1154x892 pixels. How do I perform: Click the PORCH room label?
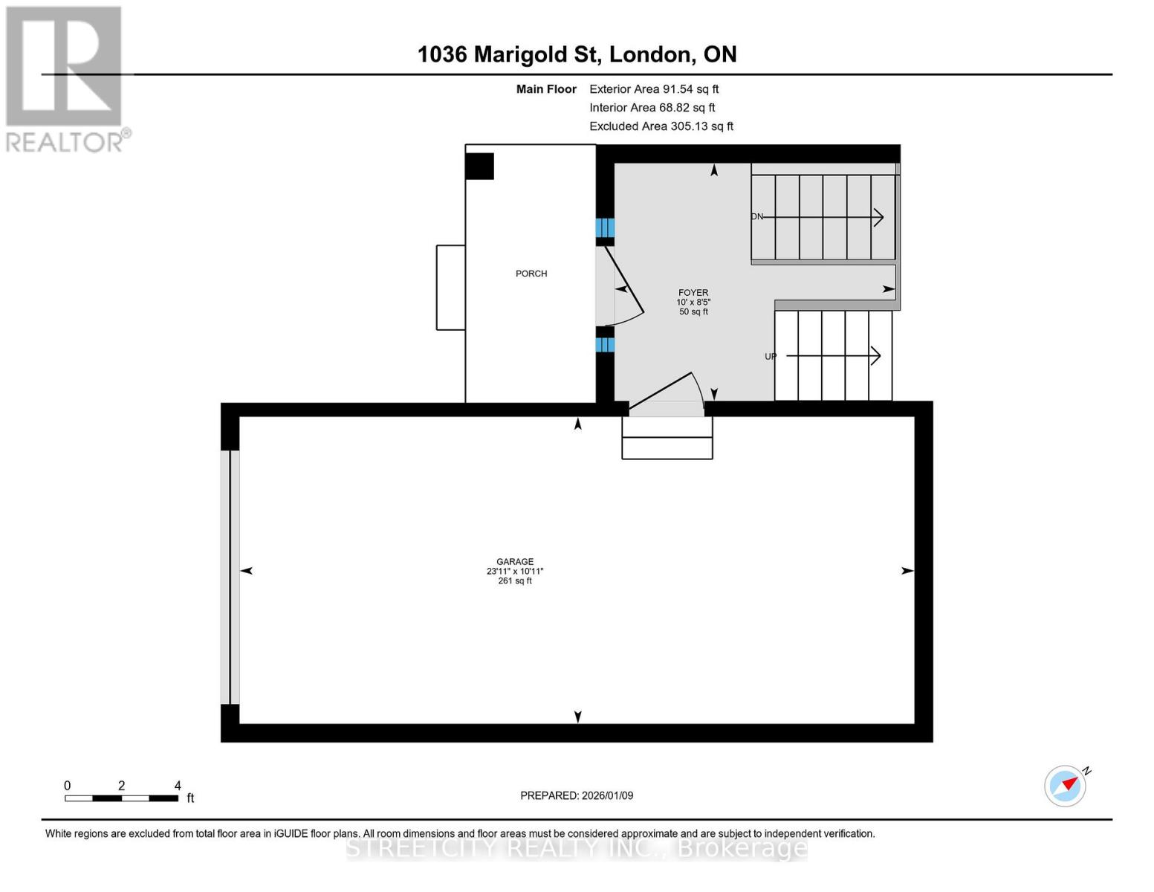click(x=531, y=274)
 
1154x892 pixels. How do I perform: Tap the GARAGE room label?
click(x=515, y=562)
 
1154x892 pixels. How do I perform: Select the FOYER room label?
click(x=693, y=293)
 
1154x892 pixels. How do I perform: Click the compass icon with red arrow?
click(x=1066, y=786)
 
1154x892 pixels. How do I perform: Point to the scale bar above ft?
click(x=121, y=798)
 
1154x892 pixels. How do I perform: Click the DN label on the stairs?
click(x=757, y=217)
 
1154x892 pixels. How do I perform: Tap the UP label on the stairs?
click(x=771, y=357)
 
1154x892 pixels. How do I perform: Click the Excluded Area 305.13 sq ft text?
click(x=661, y=126)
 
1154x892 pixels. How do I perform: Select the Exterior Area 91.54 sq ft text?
click(x=654, y=89)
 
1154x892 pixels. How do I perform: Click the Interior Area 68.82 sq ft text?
click(x=652, y=108)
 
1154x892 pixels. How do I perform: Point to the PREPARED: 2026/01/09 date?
click(x=577, y=796)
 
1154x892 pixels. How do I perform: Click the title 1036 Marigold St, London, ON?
click(x=577, y=54)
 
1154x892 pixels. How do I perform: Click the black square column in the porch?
click(x=480, y=167)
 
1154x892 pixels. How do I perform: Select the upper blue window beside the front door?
click(x=605, y=227)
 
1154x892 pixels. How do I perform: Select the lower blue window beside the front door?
click(x=605, y=344)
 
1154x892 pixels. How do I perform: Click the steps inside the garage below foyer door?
click(x=667, y=438)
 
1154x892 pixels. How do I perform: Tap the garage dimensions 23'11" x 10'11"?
click(x=515, y=572)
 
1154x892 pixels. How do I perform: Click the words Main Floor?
click(x=546, y=89)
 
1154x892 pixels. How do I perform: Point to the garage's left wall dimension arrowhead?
click(x=247, y=571)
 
